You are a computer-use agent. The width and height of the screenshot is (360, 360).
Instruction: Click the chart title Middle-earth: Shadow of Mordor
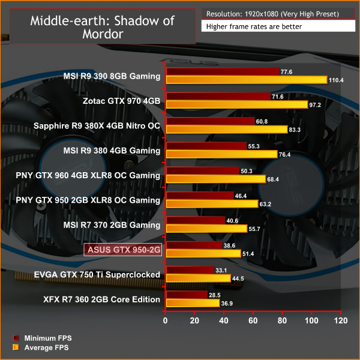click(x=101, y=27)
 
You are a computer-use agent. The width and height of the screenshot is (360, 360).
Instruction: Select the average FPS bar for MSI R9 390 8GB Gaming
click(x=246, y=80)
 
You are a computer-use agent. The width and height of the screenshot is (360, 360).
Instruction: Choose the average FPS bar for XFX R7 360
click(x=193, y=303)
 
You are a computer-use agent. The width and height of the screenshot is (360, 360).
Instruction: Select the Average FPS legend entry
click(x=46, y=348)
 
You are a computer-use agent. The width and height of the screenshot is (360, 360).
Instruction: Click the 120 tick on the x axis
click(x=341, y=321)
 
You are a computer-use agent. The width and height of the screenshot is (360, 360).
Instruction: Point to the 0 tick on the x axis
click(x=166, y=321)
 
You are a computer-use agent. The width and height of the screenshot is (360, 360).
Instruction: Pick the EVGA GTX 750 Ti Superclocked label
click(x=107, y=275)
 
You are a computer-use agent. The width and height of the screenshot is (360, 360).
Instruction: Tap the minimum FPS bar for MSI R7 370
click(x=195, y=221)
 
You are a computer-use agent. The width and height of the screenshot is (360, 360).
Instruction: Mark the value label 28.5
click(x=214, y=295)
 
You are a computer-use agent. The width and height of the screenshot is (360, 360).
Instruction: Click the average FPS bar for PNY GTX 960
click(x=215, y=179)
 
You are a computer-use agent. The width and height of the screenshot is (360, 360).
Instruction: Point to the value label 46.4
click(x=242, y=196)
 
